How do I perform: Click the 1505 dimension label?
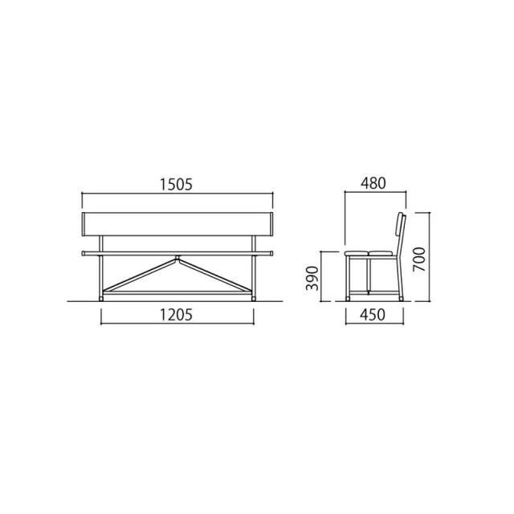coord(176,184)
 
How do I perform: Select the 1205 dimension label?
coord(176,315)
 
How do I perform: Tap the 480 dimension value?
coord(373,183)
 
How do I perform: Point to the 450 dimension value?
coord(373,315)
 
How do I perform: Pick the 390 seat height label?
coord(312,279)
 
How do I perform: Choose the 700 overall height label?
coord(419,259)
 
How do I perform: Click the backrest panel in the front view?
coord(177,224)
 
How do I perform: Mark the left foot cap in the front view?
coord(101,299)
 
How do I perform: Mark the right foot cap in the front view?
coord(254,299)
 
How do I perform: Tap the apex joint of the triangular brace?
coord(177,258)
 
